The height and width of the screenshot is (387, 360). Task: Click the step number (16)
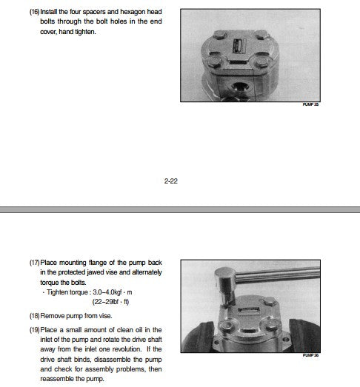(x=34, y=12)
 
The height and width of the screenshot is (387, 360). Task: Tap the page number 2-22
(x=170, y=181)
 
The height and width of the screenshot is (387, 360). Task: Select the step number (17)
(x=34, y=263)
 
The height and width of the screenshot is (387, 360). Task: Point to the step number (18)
(x=34, y=316)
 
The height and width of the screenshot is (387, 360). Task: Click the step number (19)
(x=34, y=330)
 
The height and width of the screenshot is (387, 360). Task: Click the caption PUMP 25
(x=310, y=104)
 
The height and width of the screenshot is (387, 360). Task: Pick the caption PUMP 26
(x=310, y=355)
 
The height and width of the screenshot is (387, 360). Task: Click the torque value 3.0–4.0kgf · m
(x=113, y=292)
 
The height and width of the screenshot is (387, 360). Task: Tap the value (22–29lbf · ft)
(x=110, y=302)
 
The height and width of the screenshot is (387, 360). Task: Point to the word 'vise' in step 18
(x=105, y=316)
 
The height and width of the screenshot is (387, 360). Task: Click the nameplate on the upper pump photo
(x=239, y=46)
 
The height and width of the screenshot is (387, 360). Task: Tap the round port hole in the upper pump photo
(x=240, y=87)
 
